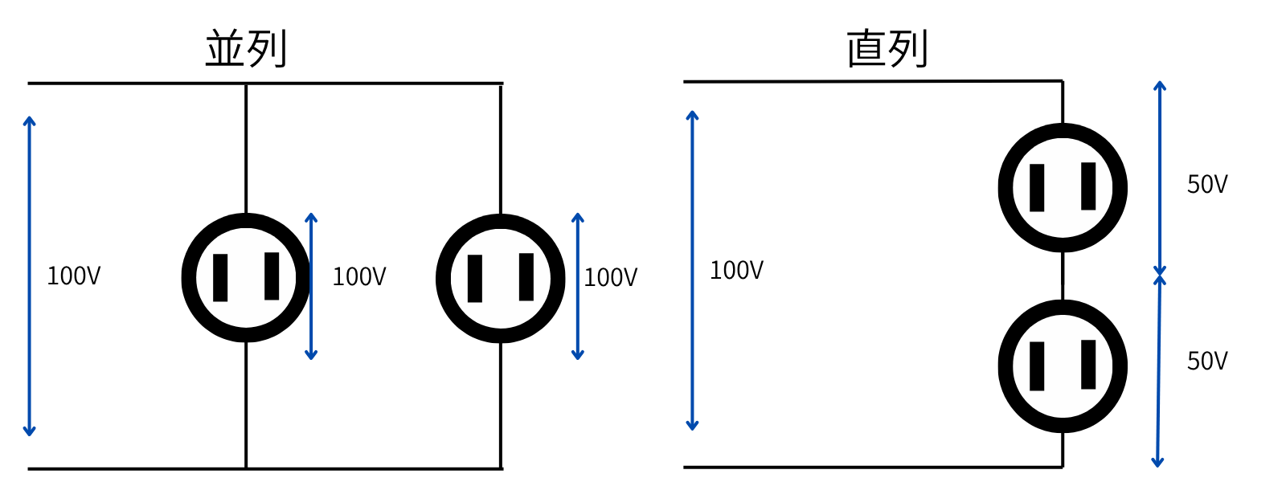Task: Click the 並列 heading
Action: pyautogui.click(x=246, y=48)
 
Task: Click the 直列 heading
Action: pyautogui.click(x=887, y=48)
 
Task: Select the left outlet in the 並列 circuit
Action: pyautogui.click(x=246, y=277)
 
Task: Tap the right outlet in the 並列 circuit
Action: pyautogui.click(x=500, y=278)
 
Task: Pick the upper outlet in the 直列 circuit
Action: pyautogui.click(x=1063, y=187)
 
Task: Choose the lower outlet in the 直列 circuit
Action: pyautogui.click(x=1063, y=366)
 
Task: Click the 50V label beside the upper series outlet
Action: pyautogui.click(x=1207, y=184)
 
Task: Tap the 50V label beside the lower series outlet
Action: pyautogui.click(x=1207, y=361)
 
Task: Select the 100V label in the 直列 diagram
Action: pyautogui.click(x=736, y=270)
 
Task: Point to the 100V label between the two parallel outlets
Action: pyautogui.click(x=359, y=276)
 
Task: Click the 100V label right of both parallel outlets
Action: pyautogui.click(x=610, y=277)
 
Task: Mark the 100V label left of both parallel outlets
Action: pyautogui.click(x=74, y=276)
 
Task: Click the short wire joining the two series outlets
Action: pyautogui.click(x=1063, y=276)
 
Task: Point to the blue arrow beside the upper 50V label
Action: pyautogui.click(x=1159, y=177)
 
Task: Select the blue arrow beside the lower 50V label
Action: pyautogui.click(x=1158, y=370)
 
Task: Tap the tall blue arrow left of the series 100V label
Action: pyautogui.click(x=692, y=270)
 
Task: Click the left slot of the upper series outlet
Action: pyautogui.click(x=1037, y=187)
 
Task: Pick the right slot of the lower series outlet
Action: pyautogui.click(x=1088, y=364)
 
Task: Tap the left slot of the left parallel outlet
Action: pyautogui.click(x=220, y=277)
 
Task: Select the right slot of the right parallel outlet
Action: pyautogui.click(x=526, y=276)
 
